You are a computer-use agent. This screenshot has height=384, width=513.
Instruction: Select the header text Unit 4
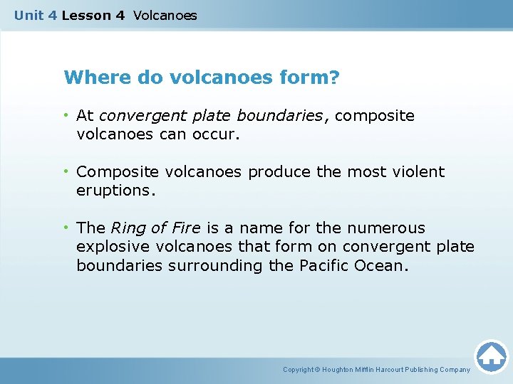pyautogui.click(x=36, y=15)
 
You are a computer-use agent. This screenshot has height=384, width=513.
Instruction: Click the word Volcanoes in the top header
pyautogui.click(x=165, y=15)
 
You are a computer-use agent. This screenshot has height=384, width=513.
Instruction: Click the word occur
pyautogui.click(x=214, y=134)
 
